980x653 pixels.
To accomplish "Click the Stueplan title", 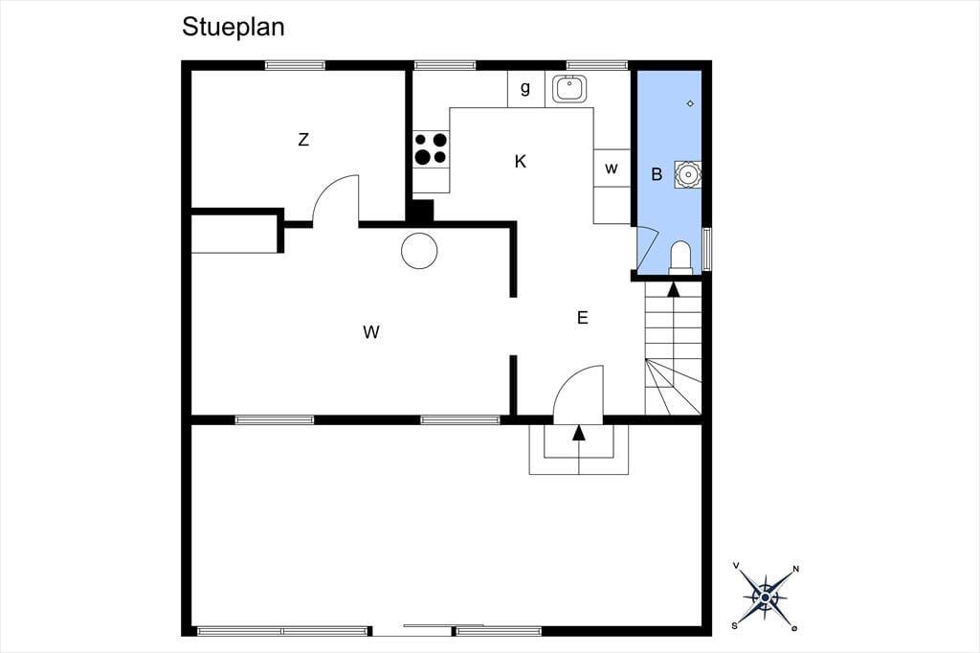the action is [x=234, y=28].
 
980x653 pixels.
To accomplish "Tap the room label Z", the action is [x=303, y=140].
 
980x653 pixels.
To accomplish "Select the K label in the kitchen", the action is [x=520, y=162].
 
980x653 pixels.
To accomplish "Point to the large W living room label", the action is [x=371, y=332].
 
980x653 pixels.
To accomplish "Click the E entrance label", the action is [x=583, y=318].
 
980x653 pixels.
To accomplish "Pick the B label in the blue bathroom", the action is [x=657, y=174].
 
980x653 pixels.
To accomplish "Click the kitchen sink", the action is [x=569, y=89].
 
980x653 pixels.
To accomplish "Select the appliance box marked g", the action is [x=525, y=89].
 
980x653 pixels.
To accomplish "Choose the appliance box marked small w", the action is [x=612, y=168].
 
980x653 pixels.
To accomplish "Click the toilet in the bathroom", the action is [x=680, y=258].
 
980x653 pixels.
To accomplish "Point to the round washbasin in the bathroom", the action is [x=687, y=174].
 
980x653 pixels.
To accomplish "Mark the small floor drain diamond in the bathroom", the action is [x=690, y=103].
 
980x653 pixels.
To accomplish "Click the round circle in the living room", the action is [x=419, y=251].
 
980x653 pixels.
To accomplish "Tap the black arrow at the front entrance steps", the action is [x=579, y=432].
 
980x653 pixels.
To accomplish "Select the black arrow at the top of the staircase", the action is [x=673, y=289].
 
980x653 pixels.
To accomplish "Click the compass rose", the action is [x=766, y=597].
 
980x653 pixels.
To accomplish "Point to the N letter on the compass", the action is [x=795, y=569].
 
